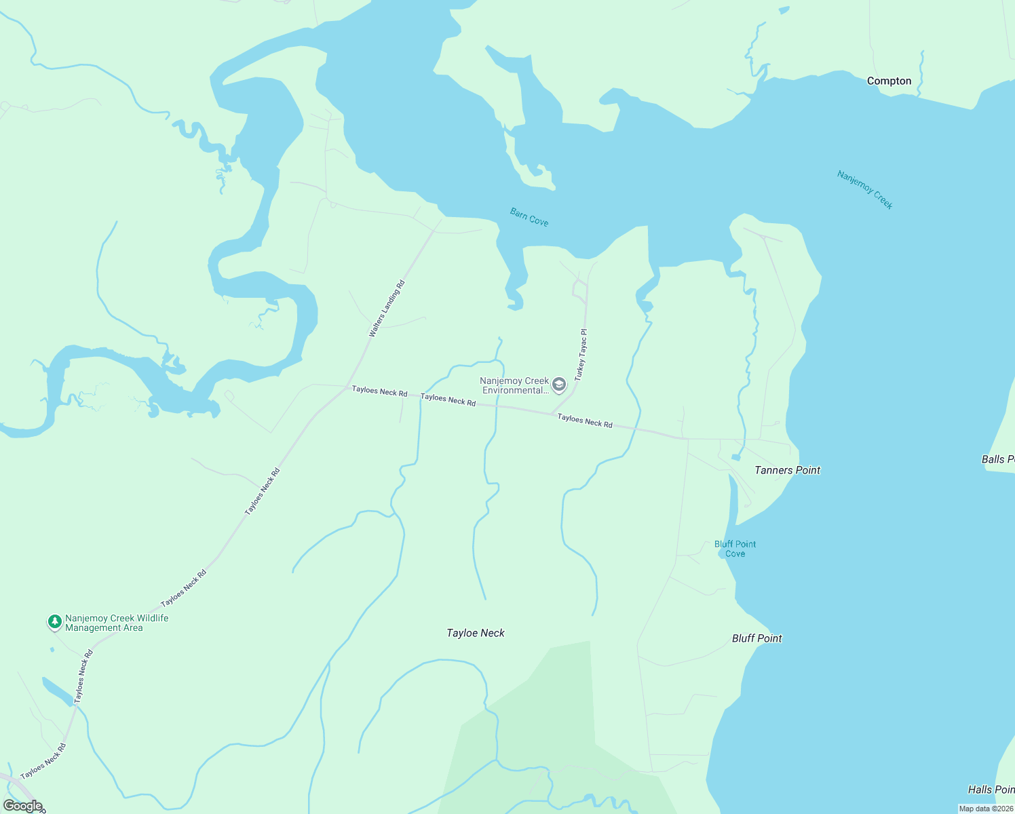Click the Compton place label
(889, 81)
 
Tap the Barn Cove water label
(529, 217)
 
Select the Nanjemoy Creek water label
(865, 190)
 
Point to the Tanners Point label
(787, 470)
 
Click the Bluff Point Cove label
(735, 549)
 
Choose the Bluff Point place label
(757, 638)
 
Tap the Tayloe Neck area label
(476, 633)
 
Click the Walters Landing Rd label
(387, 309)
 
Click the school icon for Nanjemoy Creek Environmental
(559, 385)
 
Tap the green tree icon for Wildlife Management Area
(55, 622)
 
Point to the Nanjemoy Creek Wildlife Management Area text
(117, 623)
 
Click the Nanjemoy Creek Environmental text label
(514, 385)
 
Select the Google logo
(23, 806)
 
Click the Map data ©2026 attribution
(986, 809)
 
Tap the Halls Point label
(991, 790)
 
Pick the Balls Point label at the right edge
(998, 459)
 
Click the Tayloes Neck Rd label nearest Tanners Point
(585, 421)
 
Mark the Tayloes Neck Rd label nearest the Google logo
(43, 762)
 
